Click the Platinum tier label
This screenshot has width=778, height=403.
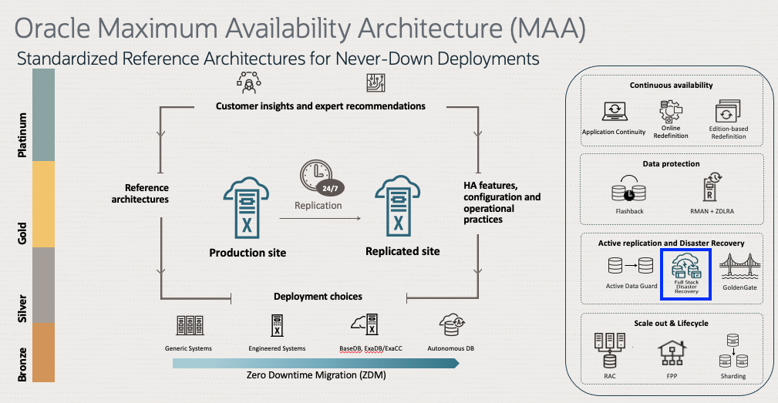coord(23,135)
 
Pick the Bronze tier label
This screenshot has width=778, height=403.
coord(23,364)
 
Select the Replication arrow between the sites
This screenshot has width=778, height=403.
coord(320,220)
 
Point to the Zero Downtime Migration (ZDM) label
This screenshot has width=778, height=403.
coord(316,376)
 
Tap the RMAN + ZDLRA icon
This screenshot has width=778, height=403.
coord(709,189)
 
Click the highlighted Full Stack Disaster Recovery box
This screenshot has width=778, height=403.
coord(685,274)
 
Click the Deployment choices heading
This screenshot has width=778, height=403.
coord(318,296)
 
